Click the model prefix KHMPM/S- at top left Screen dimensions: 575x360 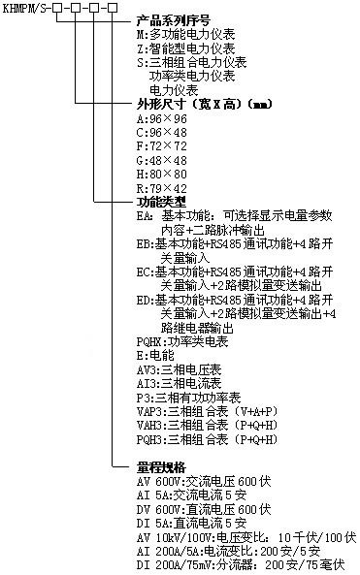[x=26, y=9]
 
